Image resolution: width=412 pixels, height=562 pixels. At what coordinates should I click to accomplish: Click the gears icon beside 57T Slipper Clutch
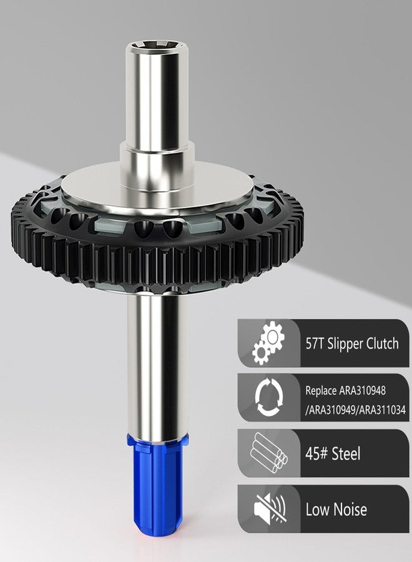click(268, 343)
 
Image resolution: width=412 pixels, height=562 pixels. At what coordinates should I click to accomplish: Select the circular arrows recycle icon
click(269, 397)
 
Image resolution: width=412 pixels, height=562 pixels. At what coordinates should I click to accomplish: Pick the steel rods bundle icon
click(268, 453)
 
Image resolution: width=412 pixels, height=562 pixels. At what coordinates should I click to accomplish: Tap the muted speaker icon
click(270, 508)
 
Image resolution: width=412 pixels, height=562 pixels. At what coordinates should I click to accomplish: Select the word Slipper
click(340, 344)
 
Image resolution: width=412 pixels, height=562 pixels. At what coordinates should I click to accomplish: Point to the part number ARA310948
click(362, 390)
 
